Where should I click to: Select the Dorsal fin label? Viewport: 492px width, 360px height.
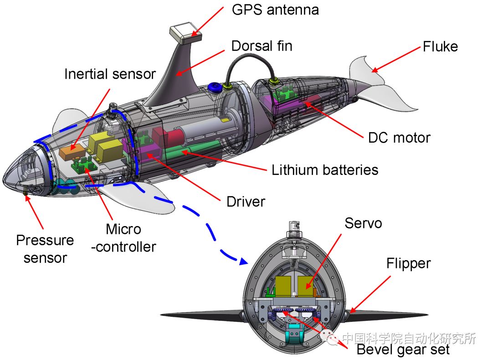click(261, 46)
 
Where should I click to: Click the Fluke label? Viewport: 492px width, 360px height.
click(440, 46)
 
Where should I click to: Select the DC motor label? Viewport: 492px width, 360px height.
click(399, 137)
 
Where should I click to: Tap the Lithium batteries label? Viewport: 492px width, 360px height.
click(325, 170)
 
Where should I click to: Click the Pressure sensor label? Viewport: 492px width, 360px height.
click(45, 249)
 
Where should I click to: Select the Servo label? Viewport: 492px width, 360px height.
click(363, 223)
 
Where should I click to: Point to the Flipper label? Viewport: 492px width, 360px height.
click(408, 263)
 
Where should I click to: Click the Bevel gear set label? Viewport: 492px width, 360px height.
click(403, 350)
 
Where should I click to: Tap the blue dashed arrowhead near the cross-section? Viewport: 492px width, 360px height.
click(243, 261)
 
